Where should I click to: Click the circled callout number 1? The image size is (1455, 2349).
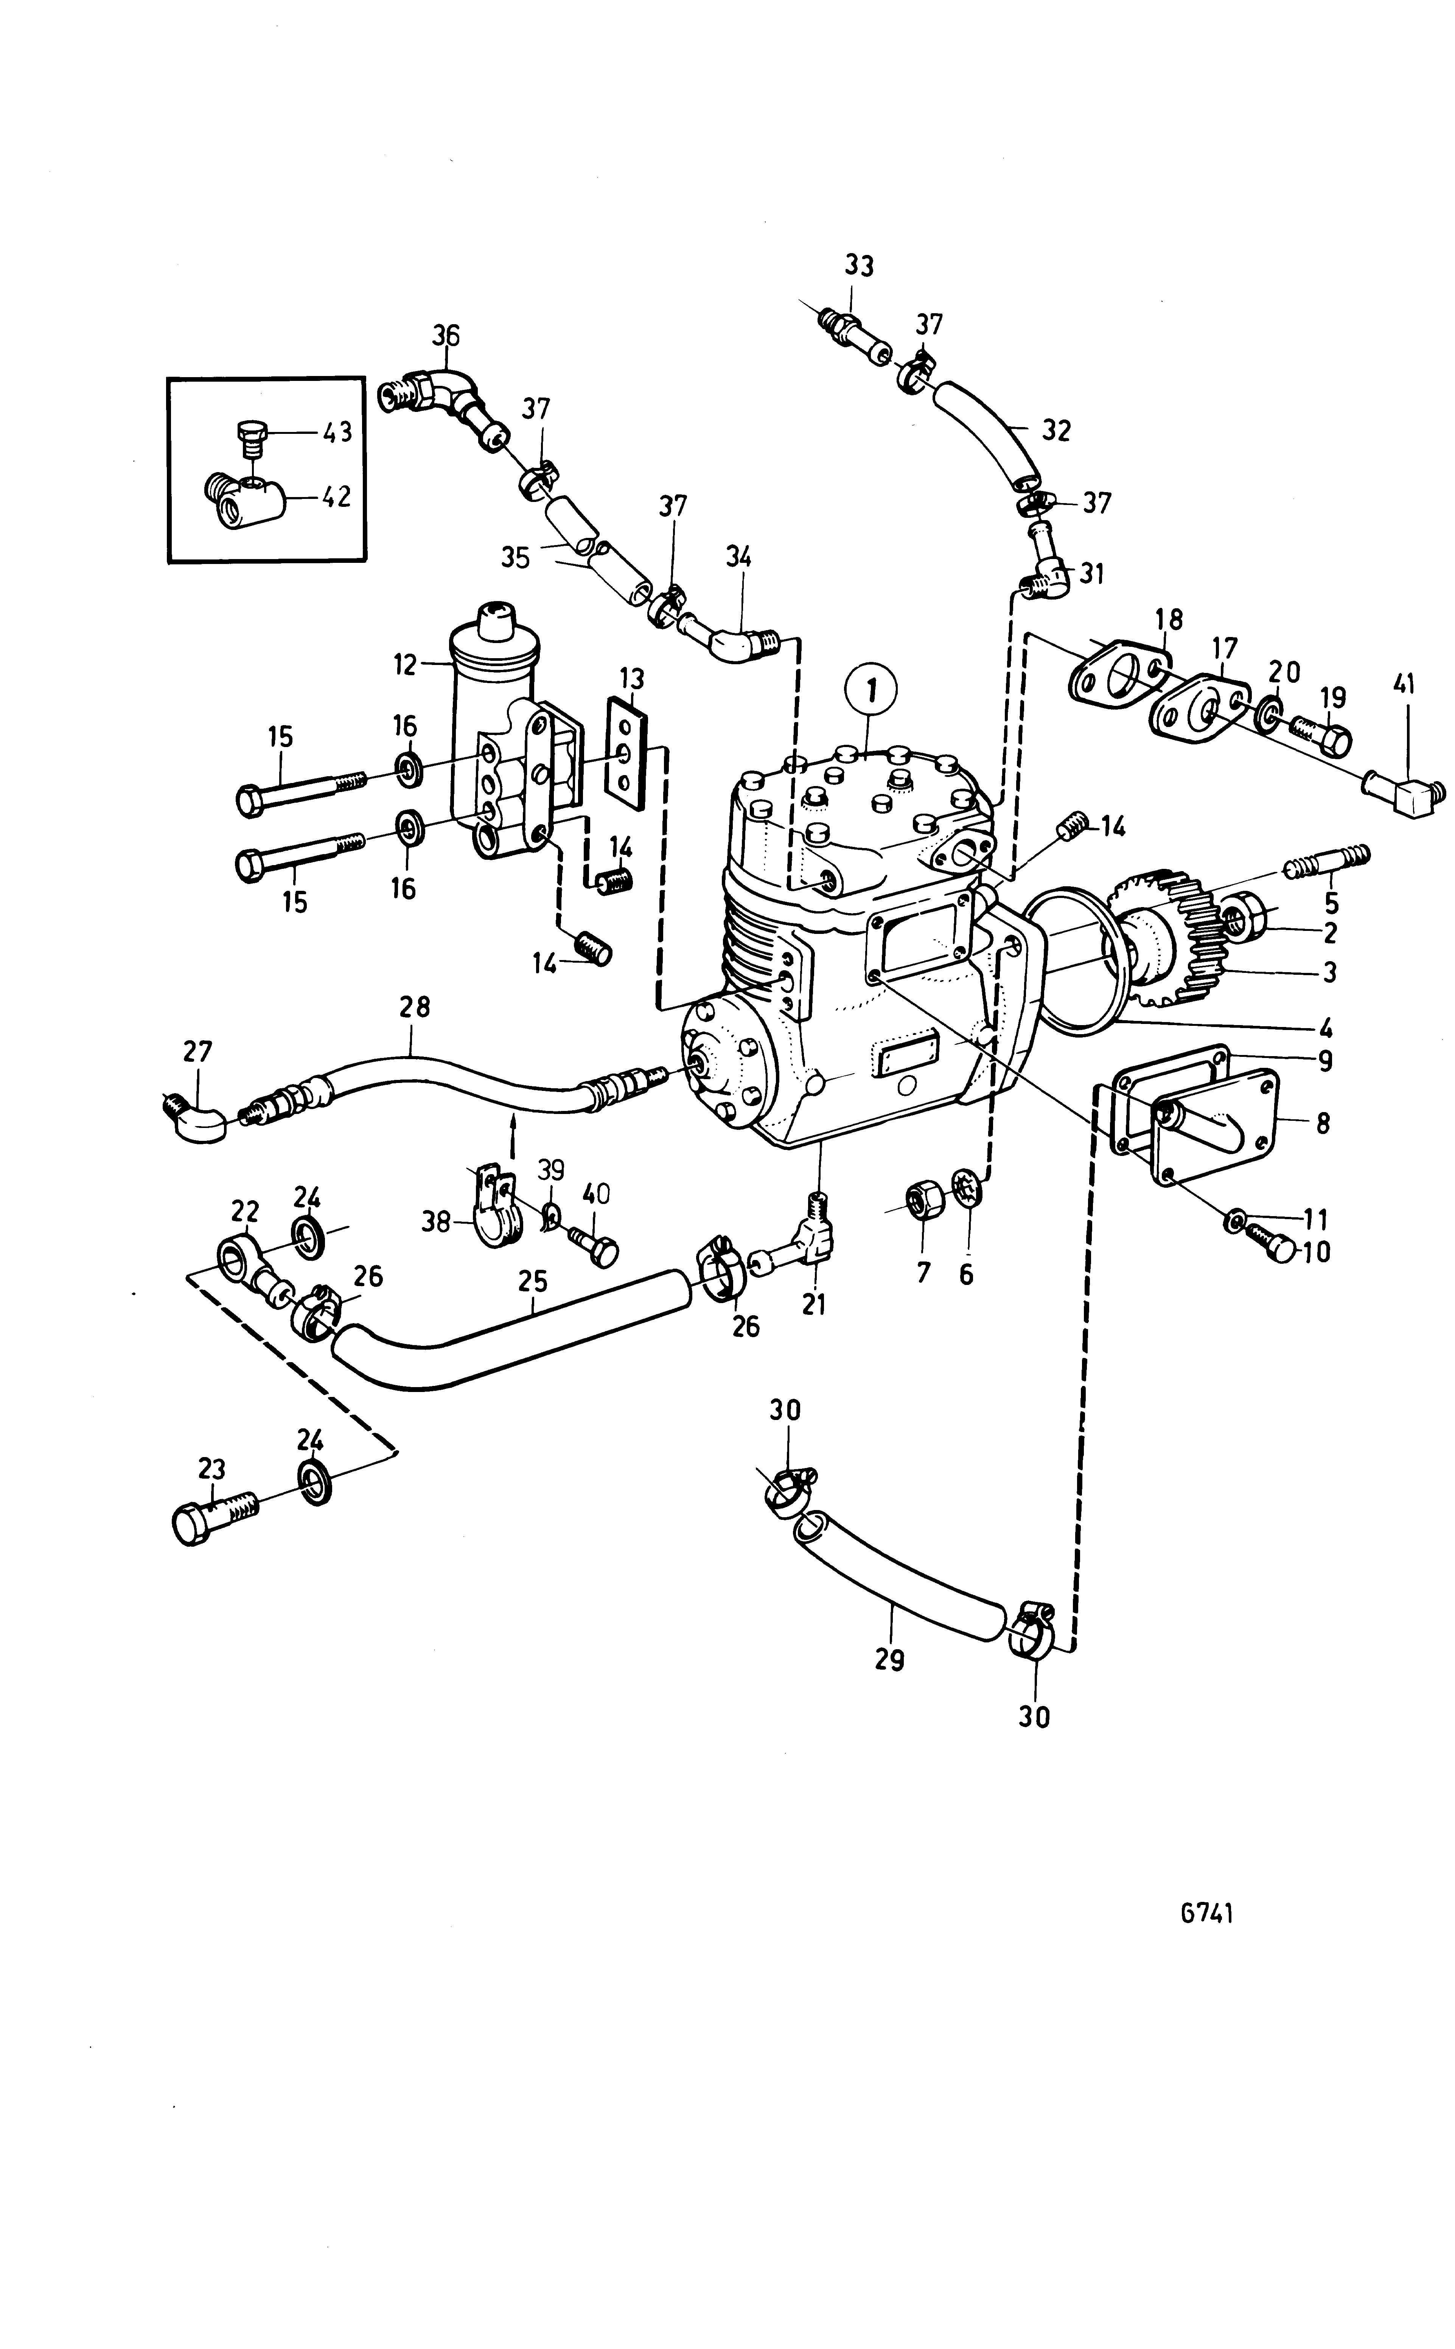[x=871, y=691]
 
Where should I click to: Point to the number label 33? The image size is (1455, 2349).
[x=859, y=266]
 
